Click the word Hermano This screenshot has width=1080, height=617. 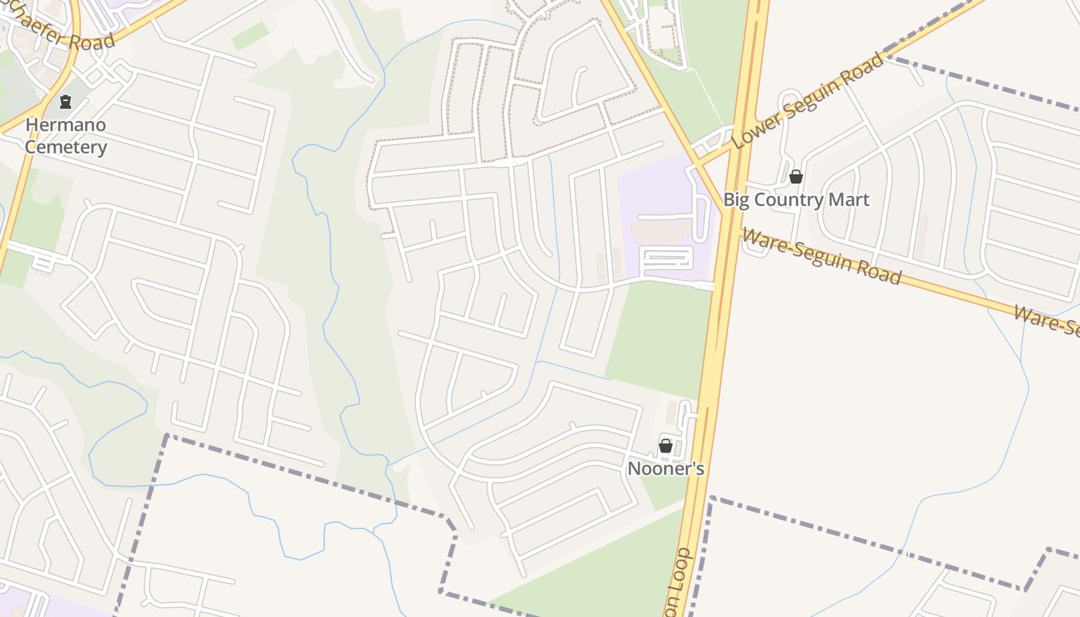66,125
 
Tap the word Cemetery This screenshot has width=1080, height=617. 66,147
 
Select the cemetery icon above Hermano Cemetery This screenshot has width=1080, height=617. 66,101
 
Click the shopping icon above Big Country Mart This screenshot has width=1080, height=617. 796,177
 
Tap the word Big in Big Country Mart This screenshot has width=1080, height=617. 737,200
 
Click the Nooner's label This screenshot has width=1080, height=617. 666,469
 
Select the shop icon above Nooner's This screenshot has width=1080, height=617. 666,446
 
